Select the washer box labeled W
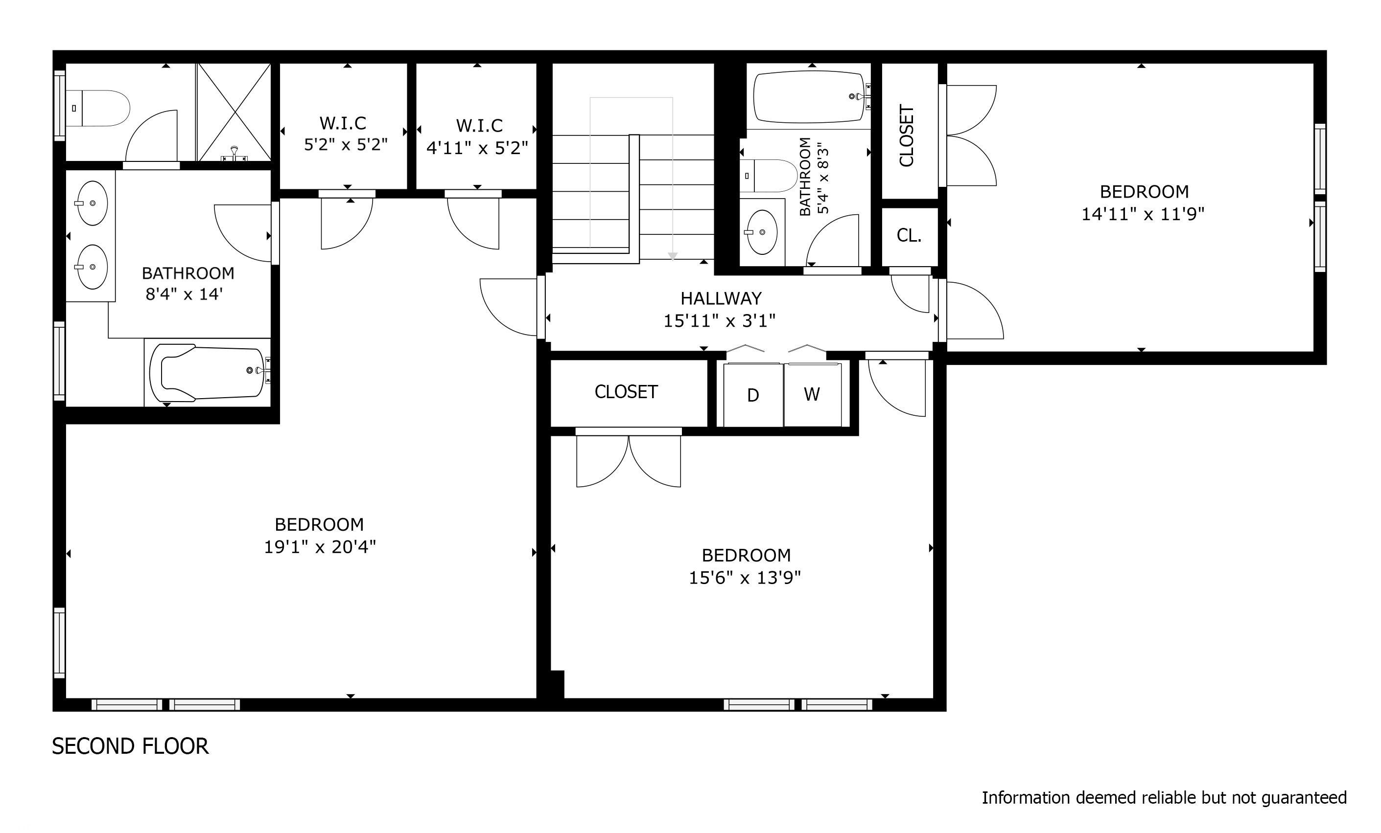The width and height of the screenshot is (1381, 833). tap(812, 395)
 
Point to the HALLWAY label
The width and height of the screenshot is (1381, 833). tap(721, 298)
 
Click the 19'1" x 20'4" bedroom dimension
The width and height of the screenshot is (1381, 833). tap(320, 547)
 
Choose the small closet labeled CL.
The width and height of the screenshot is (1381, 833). tap(909, 236)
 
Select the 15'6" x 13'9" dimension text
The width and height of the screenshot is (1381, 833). tap(744, 578)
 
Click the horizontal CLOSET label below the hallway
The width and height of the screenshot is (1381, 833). tap(626, 392)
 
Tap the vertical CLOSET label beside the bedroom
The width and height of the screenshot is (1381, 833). tap(906, 136)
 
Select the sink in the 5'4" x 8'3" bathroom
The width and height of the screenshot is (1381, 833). tap(762, 232)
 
